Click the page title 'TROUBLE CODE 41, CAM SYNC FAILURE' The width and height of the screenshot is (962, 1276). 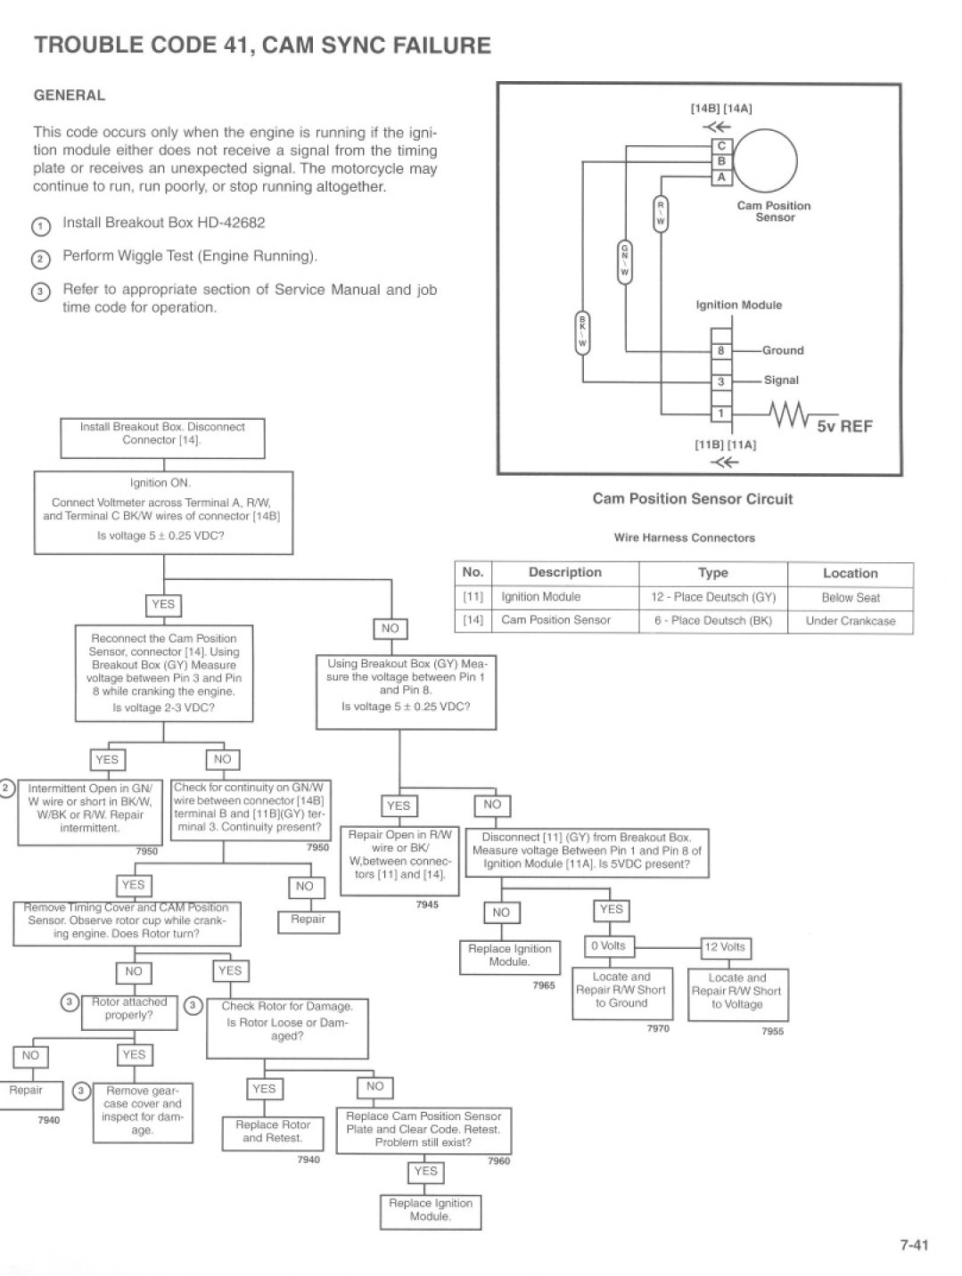click(262, 45)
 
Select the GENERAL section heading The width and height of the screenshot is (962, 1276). click(70, 95)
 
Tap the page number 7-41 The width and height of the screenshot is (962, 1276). click(914, 1245)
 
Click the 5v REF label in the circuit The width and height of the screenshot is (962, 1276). click(844, 426)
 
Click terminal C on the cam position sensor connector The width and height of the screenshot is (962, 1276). click(721, 145)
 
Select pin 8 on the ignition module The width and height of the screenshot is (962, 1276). click(721, 350)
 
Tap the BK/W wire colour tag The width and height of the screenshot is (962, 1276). click(582, 333)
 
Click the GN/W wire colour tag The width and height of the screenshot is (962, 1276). click(624, 262)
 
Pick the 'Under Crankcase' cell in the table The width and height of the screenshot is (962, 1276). click(850, 621)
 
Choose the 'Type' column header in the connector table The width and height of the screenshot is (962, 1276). click(713, 573)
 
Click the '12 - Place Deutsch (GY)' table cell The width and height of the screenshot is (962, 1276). click(713, 597)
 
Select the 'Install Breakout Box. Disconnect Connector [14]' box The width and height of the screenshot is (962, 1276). click(162, 438)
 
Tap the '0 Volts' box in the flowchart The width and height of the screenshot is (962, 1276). click(608, 945)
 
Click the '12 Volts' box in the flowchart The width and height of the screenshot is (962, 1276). click(725, 947)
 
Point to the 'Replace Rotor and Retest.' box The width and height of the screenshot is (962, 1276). click(273, 1133)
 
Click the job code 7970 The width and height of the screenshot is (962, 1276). click(658, 1028)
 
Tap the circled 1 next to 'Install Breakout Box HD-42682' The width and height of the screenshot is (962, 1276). click(40, 226)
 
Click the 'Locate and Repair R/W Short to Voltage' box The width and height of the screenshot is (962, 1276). click(737, 994)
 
